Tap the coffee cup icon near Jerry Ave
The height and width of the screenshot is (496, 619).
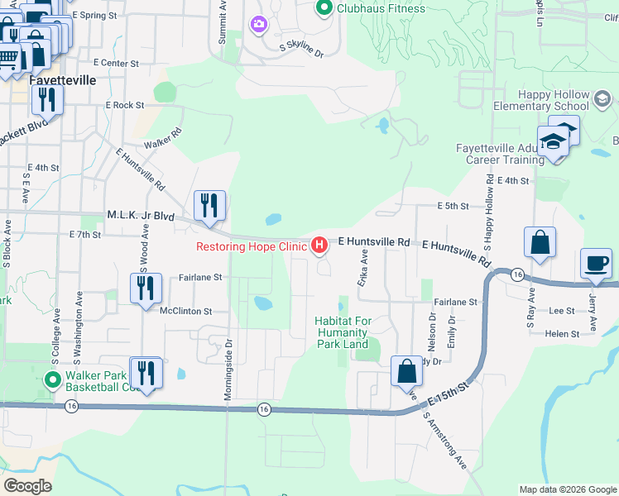pyautogui.click(x=596, y=265)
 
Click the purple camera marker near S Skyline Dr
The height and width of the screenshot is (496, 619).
pyautogui.click(x=259, y=25)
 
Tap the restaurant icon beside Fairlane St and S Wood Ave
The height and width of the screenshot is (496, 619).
pyautogui.click(x=145, y=289)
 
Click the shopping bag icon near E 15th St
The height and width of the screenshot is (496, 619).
pyautogui.click(x=407, y=373)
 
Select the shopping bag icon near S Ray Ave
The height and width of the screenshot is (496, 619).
pyautogui.click(x=539, y=244)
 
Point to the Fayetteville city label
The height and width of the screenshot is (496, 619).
pyautogui.click(x=62, y=81)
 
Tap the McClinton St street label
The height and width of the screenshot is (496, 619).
pyautogui.click(x=186, y=312)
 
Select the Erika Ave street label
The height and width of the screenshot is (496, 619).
pyautogui.click(x=362, y=270)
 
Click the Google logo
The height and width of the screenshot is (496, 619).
pyautogui.click(x=27, y=486)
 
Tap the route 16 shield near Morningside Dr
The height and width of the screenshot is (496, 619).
pyautogui.click(x=263, y=409)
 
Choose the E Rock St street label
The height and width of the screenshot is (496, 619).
pyautogui.click(x=124, y=105)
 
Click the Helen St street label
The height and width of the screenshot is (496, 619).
pyautogui.click(x=563, y=334)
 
